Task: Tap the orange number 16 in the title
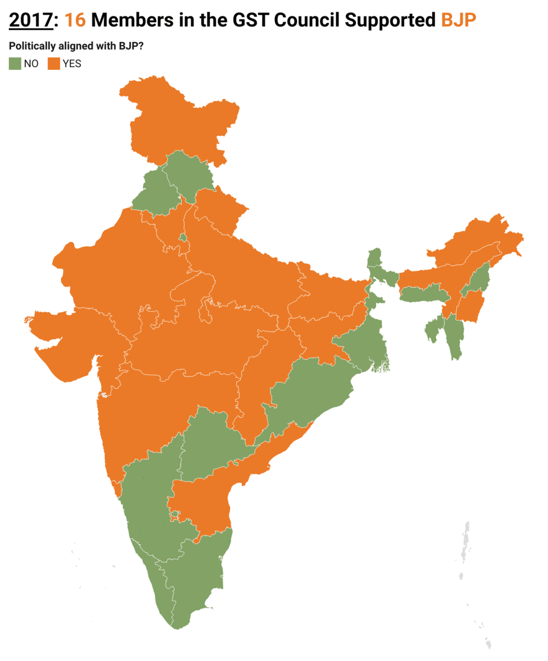coord(74,20)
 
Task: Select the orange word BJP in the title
coord(458,20)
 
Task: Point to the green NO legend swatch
coord(15,63)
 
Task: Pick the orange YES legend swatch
coord(53,63)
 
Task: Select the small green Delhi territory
coord(182,238)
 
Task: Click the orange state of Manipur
coord(471,306)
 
